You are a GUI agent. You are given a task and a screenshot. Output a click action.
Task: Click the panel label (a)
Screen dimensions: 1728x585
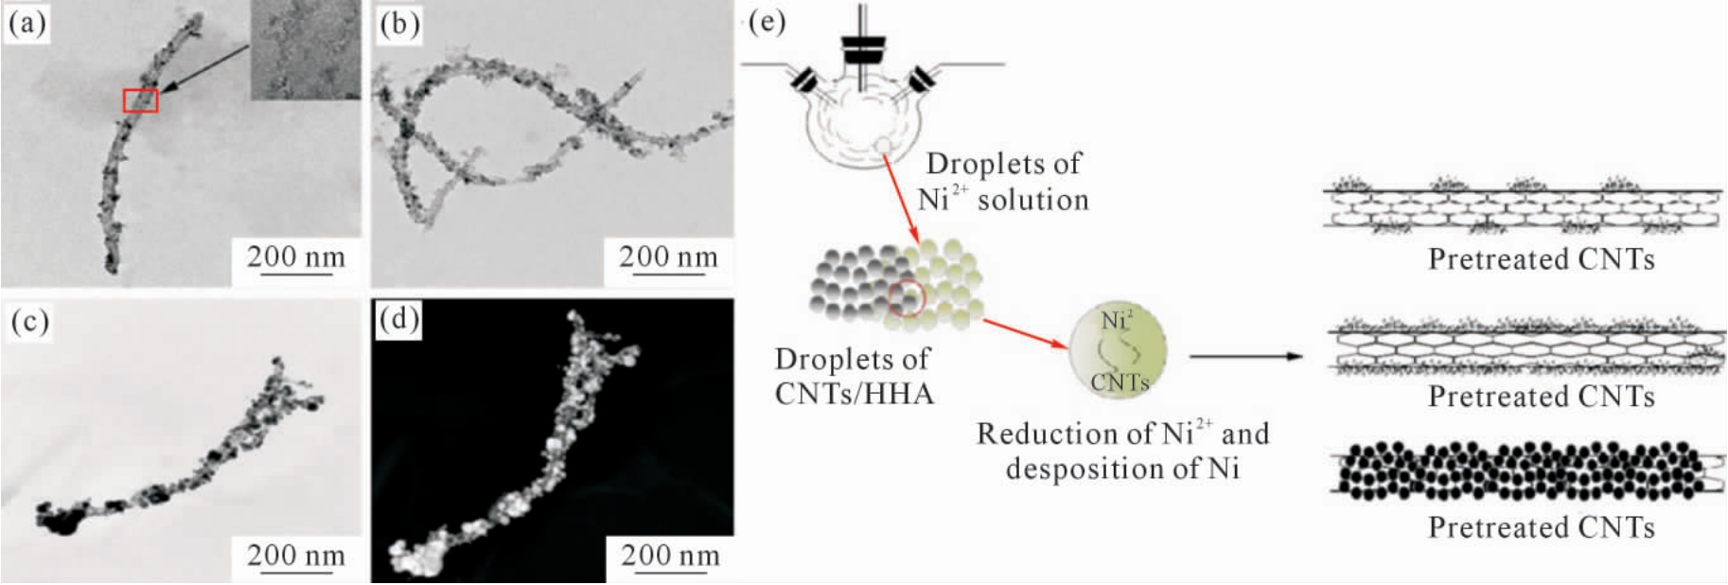click(x=26, y=23)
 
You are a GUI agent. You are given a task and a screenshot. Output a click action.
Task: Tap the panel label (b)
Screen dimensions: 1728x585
click(x=398, y=24)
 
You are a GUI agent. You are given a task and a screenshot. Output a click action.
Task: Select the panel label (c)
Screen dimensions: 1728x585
click(x=28, y=322)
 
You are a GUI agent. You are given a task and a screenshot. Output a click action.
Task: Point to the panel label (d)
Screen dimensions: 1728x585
click(x=398, y=319)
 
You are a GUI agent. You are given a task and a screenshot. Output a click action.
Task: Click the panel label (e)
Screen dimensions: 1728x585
click(x=767, y=21)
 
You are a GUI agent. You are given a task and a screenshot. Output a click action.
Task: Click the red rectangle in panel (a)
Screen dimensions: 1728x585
click(x=140, y=100)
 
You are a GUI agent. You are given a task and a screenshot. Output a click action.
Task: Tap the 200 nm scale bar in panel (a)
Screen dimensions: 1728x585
click(x=296, y=275)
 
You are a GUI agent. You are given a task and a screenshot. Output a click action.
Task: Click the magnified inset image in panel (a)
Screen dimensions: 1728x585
click(x=306, y=49)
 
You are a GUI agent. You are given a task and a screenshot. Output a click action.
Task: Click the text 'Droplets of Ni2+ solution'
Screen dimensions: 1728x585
click(x=1003, y=181)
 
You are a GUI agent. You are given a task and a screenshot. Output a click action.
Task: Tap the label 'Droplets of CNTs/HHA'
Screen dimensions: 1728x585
click(x=854, y=376)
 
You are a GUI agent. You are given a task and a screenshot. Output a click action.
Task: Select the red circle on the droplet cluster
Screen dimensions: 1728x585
click(x=907, y=298)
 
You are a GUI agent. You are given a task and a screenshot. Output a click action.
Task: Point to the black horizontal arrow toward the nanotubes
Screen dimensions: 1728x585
click(x=1246, y=357)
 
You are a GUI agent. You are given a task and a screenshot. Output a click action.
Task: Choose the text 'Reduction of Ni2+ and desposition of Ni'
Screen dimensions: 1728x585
click(x=1122, y=451)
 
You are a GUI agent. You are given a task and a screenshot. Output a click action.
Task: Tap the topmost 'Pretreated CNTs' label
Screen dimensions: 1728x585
click(x=1542, y=258)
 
